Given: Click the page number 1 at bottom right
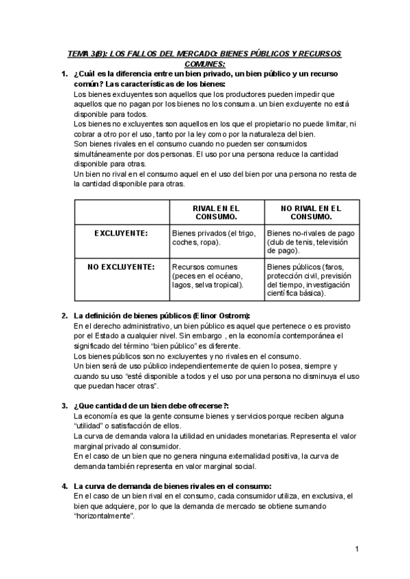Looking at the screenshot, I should coord(357,549).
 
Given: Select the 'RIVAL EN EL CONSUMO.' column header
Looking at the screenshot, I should coord(215,212).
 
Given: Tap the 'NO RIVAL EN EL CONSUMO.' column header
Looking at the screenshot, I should coord(310,212).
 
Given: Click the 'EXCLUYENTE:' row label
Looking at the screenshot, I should coord(121,233).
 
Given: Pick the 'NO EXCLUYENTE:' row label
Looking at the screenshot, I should coord(121,266).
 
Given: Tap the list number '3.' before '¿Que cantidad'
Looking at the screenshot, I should coord(64,406).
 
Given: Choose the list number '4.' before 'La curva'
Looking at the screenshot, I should coord(64,485).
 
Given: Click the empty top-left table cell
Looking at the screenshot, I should coord(121,212).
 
